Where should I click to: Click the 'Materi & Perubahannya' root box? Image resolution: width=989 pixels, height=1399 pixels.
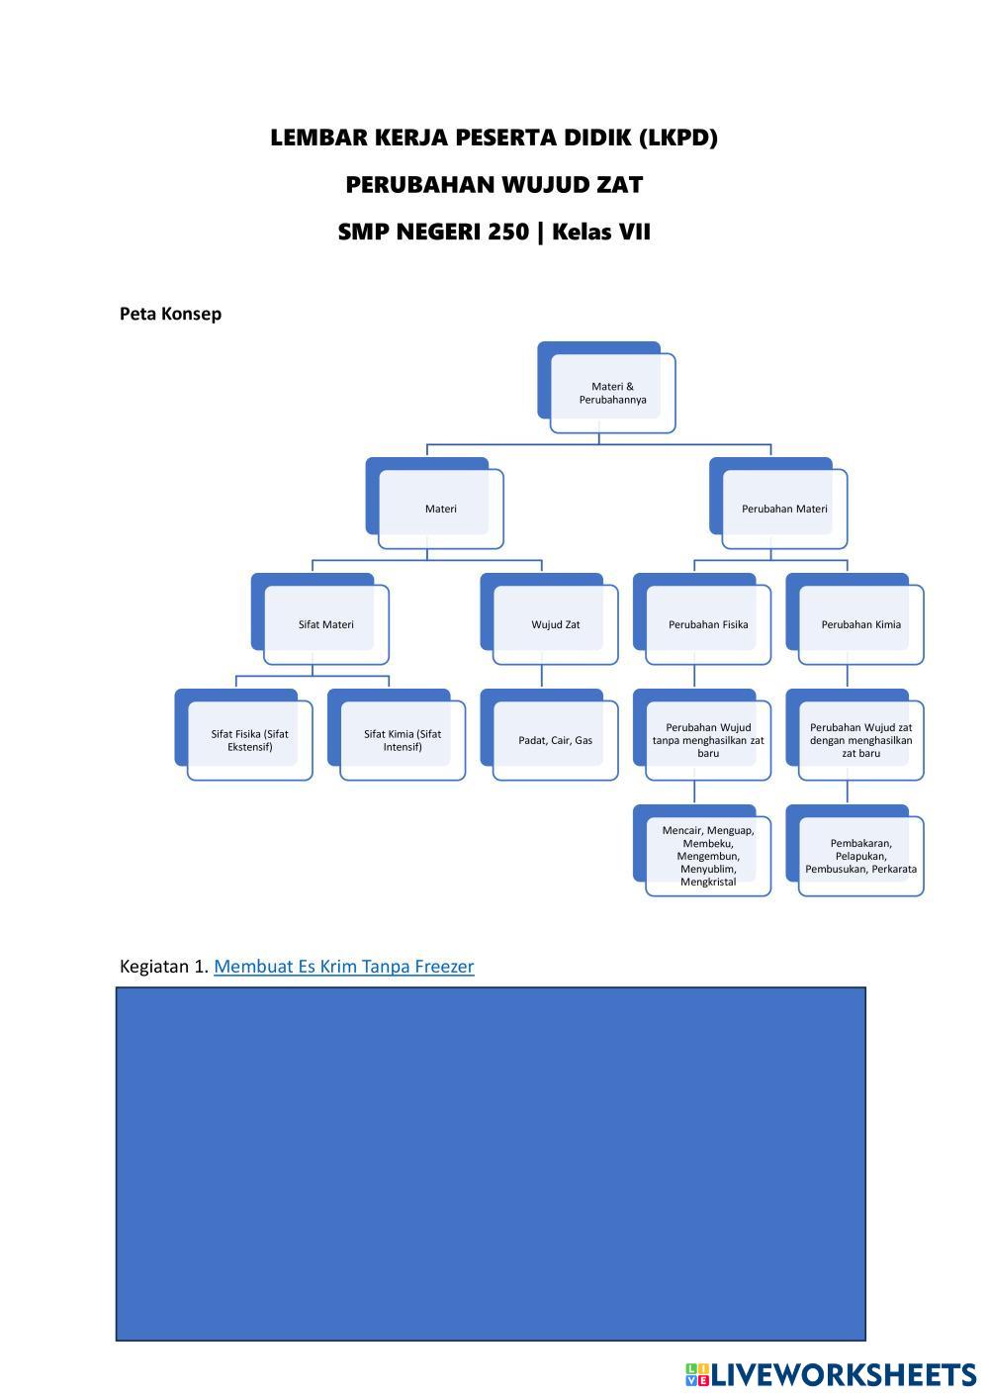pos(612,393)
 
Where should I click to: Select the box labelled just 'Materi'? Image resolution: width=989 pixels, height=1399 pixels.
pos(440,509)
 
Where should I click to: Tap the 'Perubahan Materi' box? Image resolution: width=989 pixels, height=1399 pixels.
pos(784,509)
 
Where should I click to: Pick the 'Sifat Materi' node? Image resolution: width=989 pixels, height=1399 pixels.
pos(325,624)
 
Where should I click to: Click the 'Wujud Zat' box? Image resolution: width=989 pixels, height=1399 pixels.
pos(555,624)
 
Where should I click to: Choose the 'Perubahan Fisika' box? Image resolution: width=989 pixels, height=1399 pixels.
pos(708,624)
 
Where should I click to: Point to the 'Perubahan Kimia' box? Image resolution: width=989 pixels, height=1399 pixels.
pos(860,624)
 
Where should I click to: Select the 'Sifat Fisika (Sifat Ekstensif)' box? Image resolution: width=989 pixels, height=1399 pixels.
pos(249,740)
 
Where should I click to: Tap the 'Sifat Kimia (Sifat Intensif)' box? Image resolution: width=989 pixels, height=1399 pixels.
pos(403,740)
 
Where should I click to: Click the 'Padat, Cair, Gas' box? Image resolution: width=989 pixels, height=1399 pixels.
pos(555,740)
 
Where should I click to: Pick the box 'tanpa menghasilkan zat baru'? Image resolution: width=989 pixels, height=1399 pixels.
pos(708,740)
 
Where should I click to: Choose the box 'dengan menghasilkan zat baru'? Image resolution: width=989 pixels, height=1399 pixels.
pos(860,740)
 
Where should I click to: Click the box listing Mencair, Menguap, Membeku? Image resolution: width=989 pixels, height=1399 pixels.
pos(708,856)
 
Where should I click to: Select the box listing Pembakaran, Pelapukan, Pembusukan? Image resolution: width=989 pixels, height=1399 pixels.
pos(860,856)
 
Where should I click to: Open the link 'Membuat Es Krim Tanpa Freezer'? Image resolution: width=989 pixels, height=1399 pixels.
pos(343,967)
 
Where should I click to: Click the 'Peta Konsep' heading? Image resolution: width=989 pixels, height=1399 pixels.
pos(170,314)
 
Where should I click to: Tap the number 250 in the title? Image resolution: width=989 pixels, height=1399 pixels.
pos(507,233)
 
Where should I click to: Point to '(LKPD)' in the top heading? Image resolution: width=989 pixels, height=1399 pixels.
pos(678,138)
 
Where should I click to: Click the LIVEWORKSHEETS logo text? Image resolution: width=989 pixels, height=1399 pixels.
pos(843,1374)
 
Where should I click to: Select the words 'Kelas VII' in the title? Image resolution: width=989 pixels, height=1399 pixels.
pos(601,233)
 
